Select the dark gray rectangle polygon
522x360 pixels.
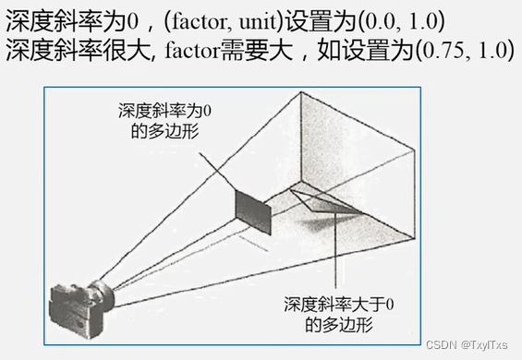pyautogui.click(x=253, y=211)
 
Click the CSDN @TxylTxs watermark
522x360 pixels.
pyautogui.click(x=467, y=343)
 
